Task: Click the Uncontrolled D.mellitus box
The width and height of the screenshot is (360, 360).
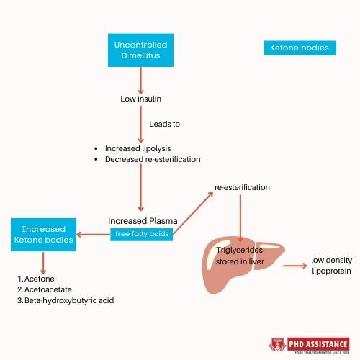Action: click(140, 50)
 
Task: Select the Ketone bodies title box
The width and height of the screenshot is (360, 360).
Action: click(299, 49)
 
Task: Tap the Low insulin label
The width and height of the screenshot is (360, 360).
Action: click(140, 98)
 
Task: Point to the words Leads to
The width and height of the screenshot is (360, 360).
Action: click(164, 124)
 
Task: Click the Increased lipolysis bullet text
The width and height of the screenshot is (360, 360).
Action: click(138, 148)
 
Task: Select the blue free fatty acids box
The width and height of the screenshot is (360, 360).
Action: click(140, 233)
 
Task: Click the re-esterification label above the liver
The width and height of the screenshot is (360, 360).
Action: click(242, 187)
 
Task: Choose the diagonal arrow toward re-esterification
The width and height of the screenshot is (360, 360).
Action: click(192, 215)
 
